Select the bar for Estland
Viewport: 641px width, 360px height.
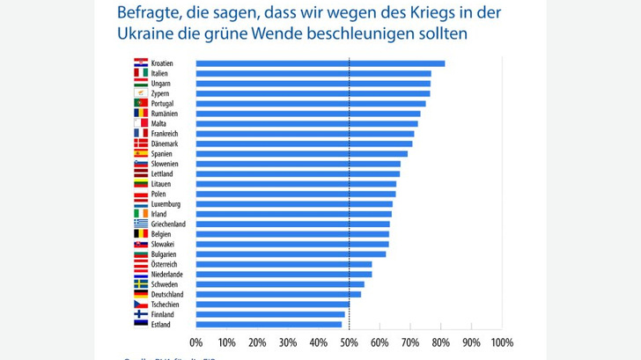[269, 324]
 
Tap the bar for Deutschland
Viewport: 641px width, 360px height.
[278, 294]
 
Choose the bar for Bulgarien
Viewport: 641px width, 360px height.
[291, 253]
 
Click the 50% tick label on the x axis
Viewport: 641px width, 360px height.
[349, 342]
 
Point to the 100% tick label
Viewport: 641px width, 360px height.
[501, 342]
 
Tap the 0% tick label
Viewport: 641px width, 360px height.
[196, 342]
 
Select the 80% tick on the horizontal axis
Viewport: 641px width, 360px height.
[440, 342]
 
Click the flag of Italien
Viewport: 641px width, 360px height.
[140, 74]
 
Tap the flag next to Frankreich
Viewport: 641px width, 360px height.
[140, 134]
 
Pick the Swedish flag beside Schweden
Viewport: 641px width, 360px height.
[140, 284]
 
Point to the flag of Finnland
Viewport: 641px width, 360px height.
[140, 314]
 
